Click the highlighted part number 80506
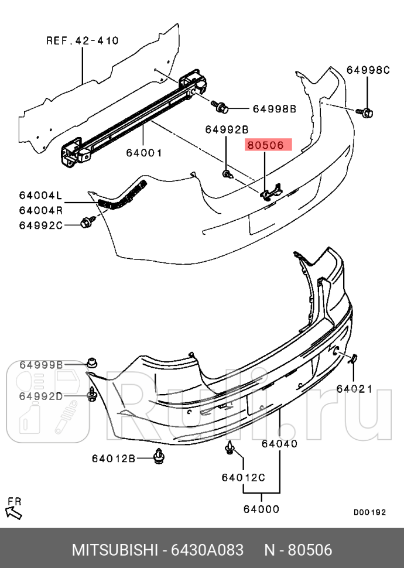(x=265, y=144)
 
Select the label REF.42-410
(x=82, y=41)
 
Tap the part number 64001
(x=143, y=153)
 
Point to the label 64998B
(x=275, y=109)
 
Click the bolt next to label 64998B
(x=222, y=107)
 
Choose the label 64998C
(x=368, y=70)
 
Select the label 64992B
(x=227, y=129)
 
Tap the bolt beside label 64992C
(x=87, y=222)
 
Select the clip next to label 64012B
(x=159, y=456)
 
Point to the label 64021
(x=354, y=388)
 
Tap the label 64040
(x=279, y=444)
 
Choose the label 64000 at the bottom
(x=261, y=509)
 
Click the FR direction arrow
(x=14, y=510)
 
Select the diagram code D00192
(x=369, y=512)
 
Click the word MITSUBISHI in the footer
(x=115, y=550)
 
